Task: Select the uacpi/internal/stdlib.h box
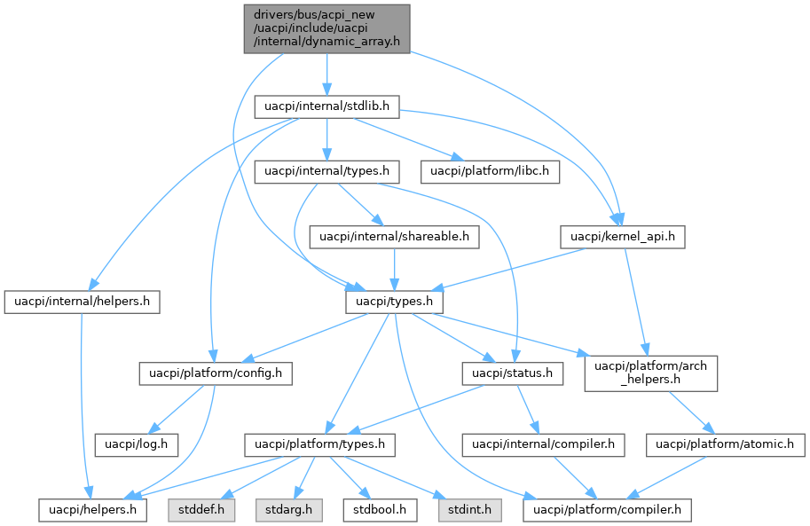(x=327, y=106)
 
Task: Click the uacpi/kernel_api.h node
(x=623, y=237)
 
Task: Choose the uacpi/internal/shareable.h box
(x=394, y=237)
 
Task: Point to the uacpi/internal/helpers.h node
(x=82, y=302)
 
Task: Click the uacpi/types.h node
(x=394, y=302)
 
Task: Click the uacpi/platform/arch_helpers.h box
(x=650, y=373)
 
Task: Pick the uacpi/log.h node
(x=137, y=442)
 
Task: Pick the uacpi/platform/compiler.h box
(x=608, y=510)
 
